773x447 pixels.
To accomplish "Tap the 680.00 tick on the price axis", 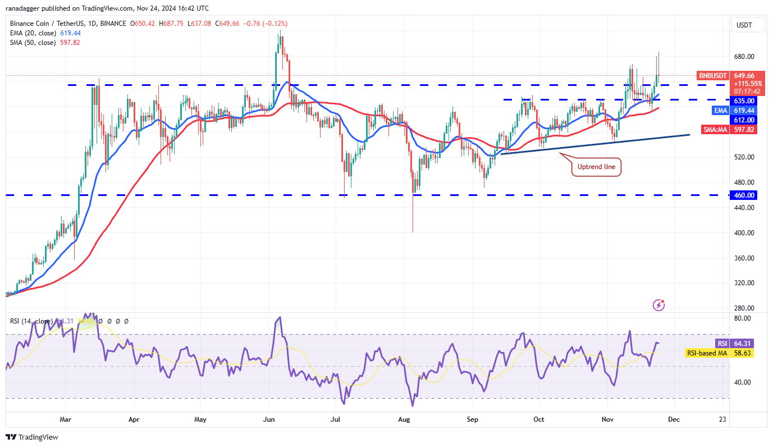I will pyautogui.click(x=744, y=57).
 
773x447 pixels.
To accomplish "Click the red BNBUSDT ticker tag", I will pyautogui.click(x=713, y=75).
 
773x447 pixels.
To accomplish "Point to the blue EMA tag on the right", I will pyautogui.click(x=721, y=111).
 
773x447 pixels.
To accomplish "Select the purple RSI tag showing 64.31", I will pyautogui.click(x=722, y=343).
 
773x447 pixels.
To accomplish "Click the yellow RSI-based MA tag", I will pyautogui.click(x=706, y=353).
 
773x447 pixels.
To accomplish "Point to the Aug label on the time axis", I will pyautogui.click(x=404, y=419).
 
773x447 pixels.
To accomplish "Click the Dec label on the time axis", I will pyautogui.click(x=674, y=419).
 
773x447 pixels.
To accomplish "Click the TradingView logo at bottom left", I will pyautogui.click(x=32, y=437).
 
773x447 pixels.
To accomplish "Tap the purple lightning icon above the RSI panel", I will pyautogui.click(x=659, y=305).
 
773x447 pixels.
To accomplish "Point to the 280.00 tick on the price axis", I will pyautogui.click(x=744, y=308).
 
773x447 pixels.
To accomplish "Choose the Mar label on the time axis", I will pyautogui.click(x=66, y=419).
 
